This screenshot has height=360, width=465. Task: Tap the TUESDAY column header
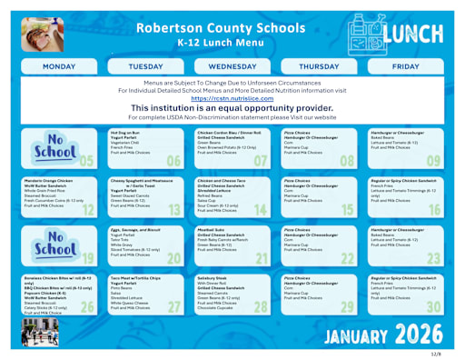[x=146, y=67]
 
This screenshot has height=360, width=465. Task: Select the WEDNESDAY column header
[x=232, y=67]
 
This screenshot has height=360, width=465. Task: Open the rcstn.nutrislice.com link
[x=232, y=99]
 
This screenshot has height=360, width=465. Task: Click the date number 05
[x=86, y=162]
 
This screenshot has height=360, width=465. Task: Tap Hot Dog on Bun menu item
[x=124, y=132]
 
